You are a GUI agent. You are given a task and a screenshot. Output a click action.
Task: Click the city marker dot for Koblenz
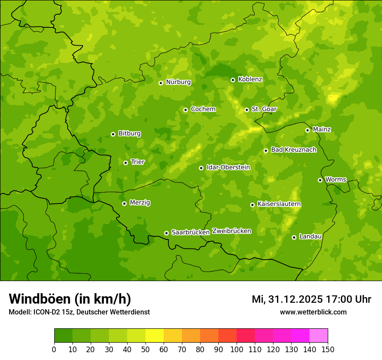click(233, 80)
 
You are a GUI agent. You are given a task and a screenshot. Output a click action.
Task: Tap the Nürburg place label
click(178, 82)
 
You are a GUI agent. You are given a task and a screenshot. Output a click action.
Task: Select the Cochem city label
click(203, 109)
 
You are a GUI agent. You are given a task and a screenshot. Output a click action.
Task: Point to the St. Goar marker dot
click(247, 110)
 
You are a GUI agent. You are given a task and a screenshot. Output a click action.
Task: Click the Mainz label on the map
click(322, 129)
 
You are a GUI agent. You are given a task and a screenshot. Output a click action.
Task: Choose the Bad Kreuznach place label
click(293, 150)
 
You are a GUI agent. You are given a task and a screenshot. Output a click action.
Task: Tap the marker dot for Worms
click(320, 180)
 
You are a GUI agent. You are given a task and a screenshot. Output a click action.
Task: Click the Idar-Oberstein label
click(228, 167)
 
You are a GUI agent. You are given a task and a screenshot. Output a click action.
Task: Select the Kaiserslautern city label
click(279, 204)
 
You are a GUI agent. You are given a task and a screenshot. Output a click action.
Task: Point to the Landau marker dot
click(294, 237)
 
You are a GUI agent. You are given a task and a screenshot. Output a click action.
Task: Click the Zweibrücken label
click(231, 231)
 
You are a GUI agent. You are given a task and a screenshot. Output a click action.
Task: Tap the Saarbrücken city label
click(191, 232)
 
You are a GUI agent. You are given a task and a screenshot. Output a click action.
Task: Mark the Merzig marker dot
click(124, 203)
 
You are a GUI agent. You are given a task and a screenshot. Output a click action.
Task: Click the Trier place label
click(138, 162)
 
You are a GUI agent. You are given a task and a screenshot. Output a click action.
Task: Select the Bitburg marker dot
click(113, 134)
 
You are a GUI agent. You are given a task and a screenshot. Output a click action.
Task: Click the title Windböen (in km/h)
click(69, 299)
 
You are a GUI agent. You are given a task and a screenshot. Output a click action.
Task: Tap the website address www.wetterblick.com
click(313, 312)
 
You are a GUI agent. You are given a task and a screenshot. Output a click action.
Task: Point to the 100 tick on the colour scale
click(237, 349)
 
